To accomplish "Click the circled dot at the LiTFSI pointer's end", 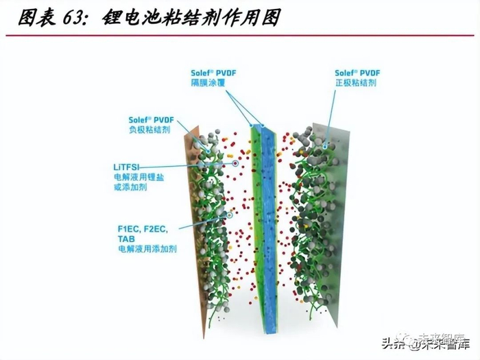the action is pos(235,163).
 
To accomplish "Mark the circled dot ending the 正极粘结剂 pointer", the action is pos(324,146).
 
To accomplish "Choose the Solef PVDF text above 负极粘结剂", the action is pos(149,119).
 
